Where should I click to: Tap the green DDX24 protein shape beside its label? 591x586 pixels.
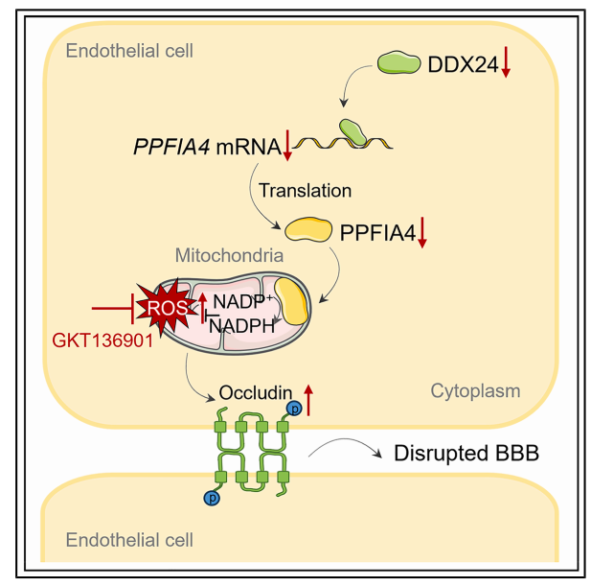(x=398, y=62)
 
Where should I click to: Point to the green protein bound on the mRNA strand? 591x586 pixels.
(x=351, y=130)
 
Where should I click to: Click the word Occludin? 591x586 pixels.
(x=257, y=393)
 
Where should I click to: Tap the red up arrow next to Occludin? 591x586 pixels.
(x=307, y=395)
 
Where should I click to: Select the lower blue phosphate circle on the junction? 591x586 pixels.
(x=210, y=498)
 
